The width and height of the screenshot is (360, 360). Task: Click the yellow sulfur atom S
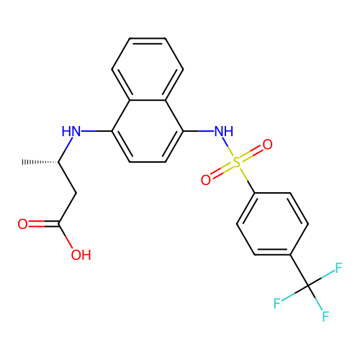click(x=237, y=163)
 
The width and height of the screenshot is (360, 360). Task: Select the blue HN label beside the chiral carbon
click(x=71, y=131)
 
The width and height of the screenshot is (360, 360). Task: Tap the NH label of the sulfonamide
click(x=224, y=131)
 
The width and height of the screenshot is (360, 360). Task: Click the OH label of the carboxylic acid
click(x=81, y=255)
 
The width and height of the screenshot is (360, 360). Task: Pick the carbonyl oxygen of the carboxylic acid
click(x=22, y=224)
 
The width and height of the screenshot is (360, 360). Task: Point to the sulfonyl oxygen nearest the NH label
click(x=267, y=145)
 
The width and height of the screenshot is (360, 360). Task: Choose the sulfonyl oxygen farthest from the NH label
click(x=206, y=180)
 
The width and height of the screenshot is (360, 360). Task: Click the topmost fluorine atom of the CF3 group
click(x=338, y=268)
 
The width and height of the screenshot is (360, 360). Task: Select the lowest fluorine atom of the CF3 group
click(x=325, y=316)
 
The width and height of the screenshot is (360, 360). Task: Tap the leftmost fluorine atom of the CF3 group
click(x=277, y=303)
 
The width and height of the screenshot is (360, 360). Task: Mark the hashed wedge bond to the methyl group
click(x=40, y=162)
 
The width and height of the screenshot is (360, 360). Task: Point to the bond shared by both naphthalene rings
click(x=148, y=100)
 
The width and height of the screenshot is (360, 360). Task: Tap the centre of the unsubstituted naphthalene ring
click(x=148, y=69)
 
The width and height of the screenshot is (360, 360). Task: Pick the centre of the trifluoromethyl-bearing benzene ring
click(x=272, y=224)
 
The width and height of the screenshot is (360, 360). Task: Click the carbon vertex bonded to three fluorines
click(x=308, y=286)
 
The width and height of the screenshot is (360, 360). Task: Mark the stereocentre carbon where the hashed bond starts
click(x=58, y=162)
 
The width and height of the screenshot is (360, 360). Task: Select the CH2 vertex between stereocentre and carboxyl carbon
click(x=76, y=193)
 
